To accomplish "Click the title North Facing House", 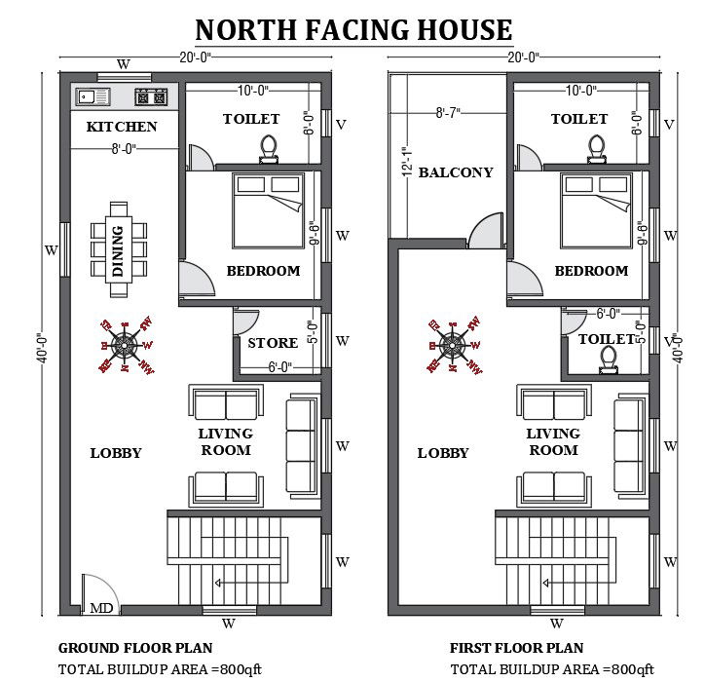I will (x=353, y=29).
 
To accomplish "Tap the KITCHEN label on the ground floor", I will (x=122, y=127).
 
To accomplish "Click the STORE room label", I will (x=273, y=343).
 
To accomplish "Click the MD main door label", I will (x=101, y=608).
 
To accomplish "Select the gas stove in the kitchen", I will (x=151, y=96).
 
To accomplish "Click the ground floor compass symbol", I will (x=125, y=345).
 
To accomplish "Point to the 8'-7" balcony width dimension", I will (x=449, y=113).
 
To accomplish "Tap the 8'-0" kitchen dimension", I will (x=122, y=149).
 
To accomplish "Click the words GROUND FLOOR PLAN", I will (x=135, y=648).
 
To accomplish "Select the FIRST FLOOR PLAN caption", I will (x=516, y=648).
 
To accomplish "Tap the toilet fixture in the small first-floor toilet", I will (x=610, y=361).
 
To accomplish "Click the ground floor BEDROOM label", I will (x=263, y=271).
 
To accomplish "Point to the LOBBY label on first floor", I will (x=443, y=453).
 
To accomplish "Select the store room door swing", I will (x=244, y=322).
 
